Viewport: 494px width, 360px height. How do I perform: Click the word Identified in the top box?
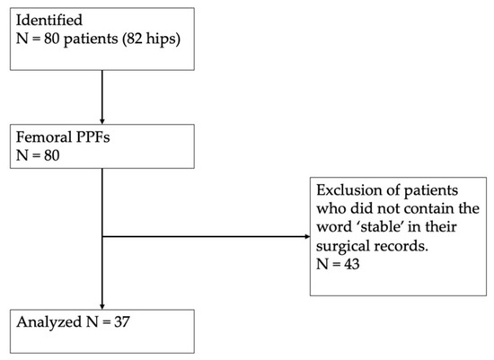coord(49,20)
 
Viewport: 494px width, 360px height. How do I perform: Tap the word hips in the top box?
coord(160,40)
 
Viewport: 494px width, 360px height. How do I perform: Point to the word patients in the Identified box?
coord(91,40)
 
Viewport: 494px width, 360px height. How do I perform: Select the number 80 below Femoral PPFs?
coord(51,155)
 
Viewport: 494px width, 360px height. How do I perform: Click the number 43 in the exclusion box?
coord(351,264)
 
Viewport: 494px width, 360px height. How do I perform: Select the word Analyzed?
coord(49,322)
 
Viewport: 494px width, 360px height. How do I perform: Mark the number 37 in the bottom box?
coord(122,322)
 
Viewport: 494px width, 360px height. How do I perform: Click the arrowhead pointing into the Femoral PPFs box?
coord(102,121)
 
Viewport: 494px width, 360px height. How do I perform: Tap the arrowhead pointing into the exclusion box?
coord(307,236)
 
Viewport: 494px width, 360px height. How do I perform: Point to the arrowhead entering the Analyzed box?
coord(102,307)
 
